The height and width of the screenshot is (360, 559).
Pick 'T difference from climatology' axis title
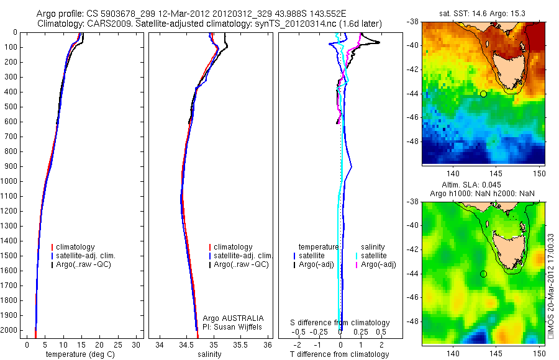[x=339, y=354]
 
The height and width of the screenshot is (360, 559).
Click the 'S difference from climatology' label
[x=340, y=323]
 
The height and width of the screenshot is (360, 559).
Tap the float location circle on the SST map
[x=483, y=94]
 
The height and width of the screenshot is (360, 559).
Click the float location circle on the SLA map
[x=483, y=274]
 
